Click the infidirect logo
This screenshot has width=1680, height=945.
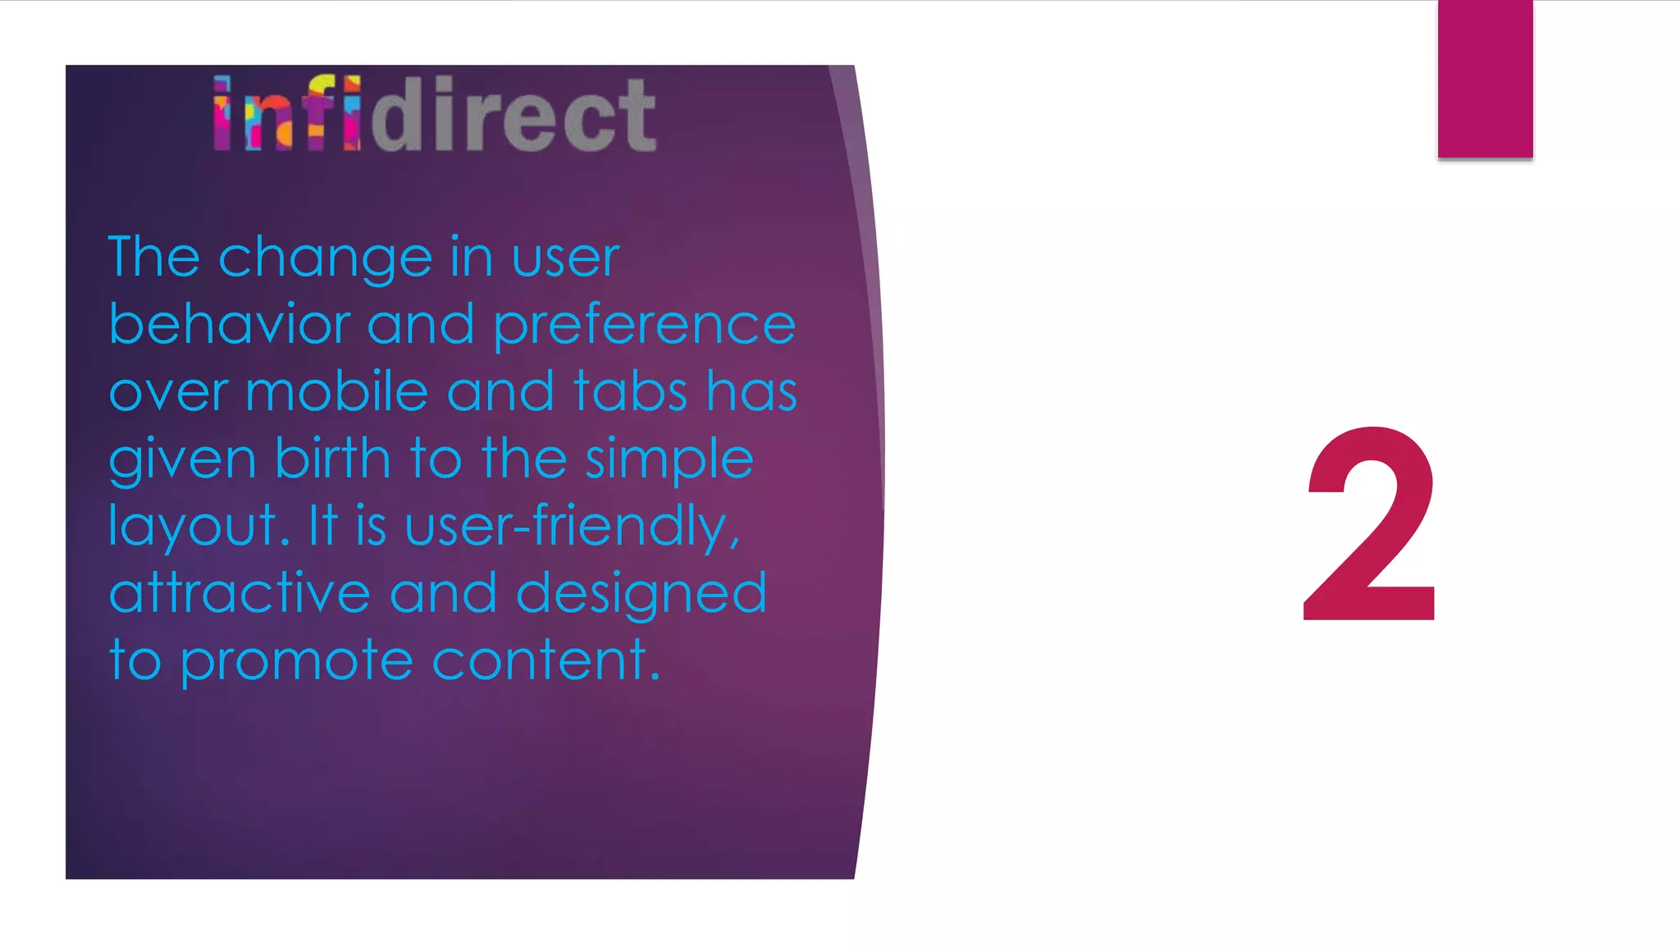pyautogui.click(x=435, y=114)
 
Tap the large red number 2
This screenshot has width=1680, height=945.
pyautogui.click(x=1369, y=525)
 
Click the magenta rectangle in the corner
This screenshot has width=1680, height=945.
pyautogui.click(x=1485, y=79)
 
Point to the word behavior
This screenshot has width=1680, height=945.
pyautogui.click(x=230, y=324)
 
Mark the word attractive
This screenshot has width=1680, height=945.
pyautogui.click(x=240, y=592)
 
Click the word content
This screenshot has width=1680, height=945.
pyautogui.click(x=546, y=660)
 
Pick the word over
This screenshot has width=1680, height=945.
pyautogui.click(x=168, y=392)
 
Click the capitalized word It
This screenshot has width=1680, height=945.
pyautogui.click(x=322, y=525)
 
